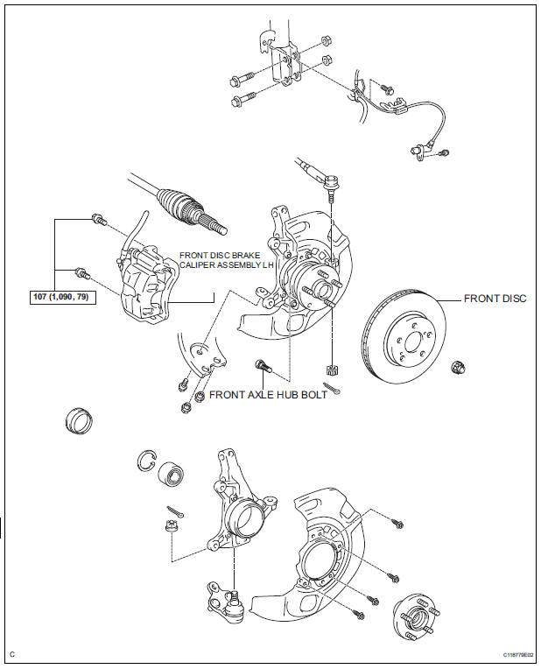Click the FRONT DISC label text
click(495, 299)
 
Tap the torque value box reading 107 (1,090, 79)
click(63, 297)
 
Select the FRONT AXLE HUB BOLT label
click(268, 395)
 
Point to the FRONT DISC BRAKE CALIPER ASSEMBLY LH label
click(226, 260)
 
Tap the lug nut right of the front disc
click(458, 368)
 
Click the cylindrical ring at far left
click(80, 421)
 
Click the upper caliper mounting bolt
click(99, 220)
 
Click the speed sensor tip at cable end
click(418, 152)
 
